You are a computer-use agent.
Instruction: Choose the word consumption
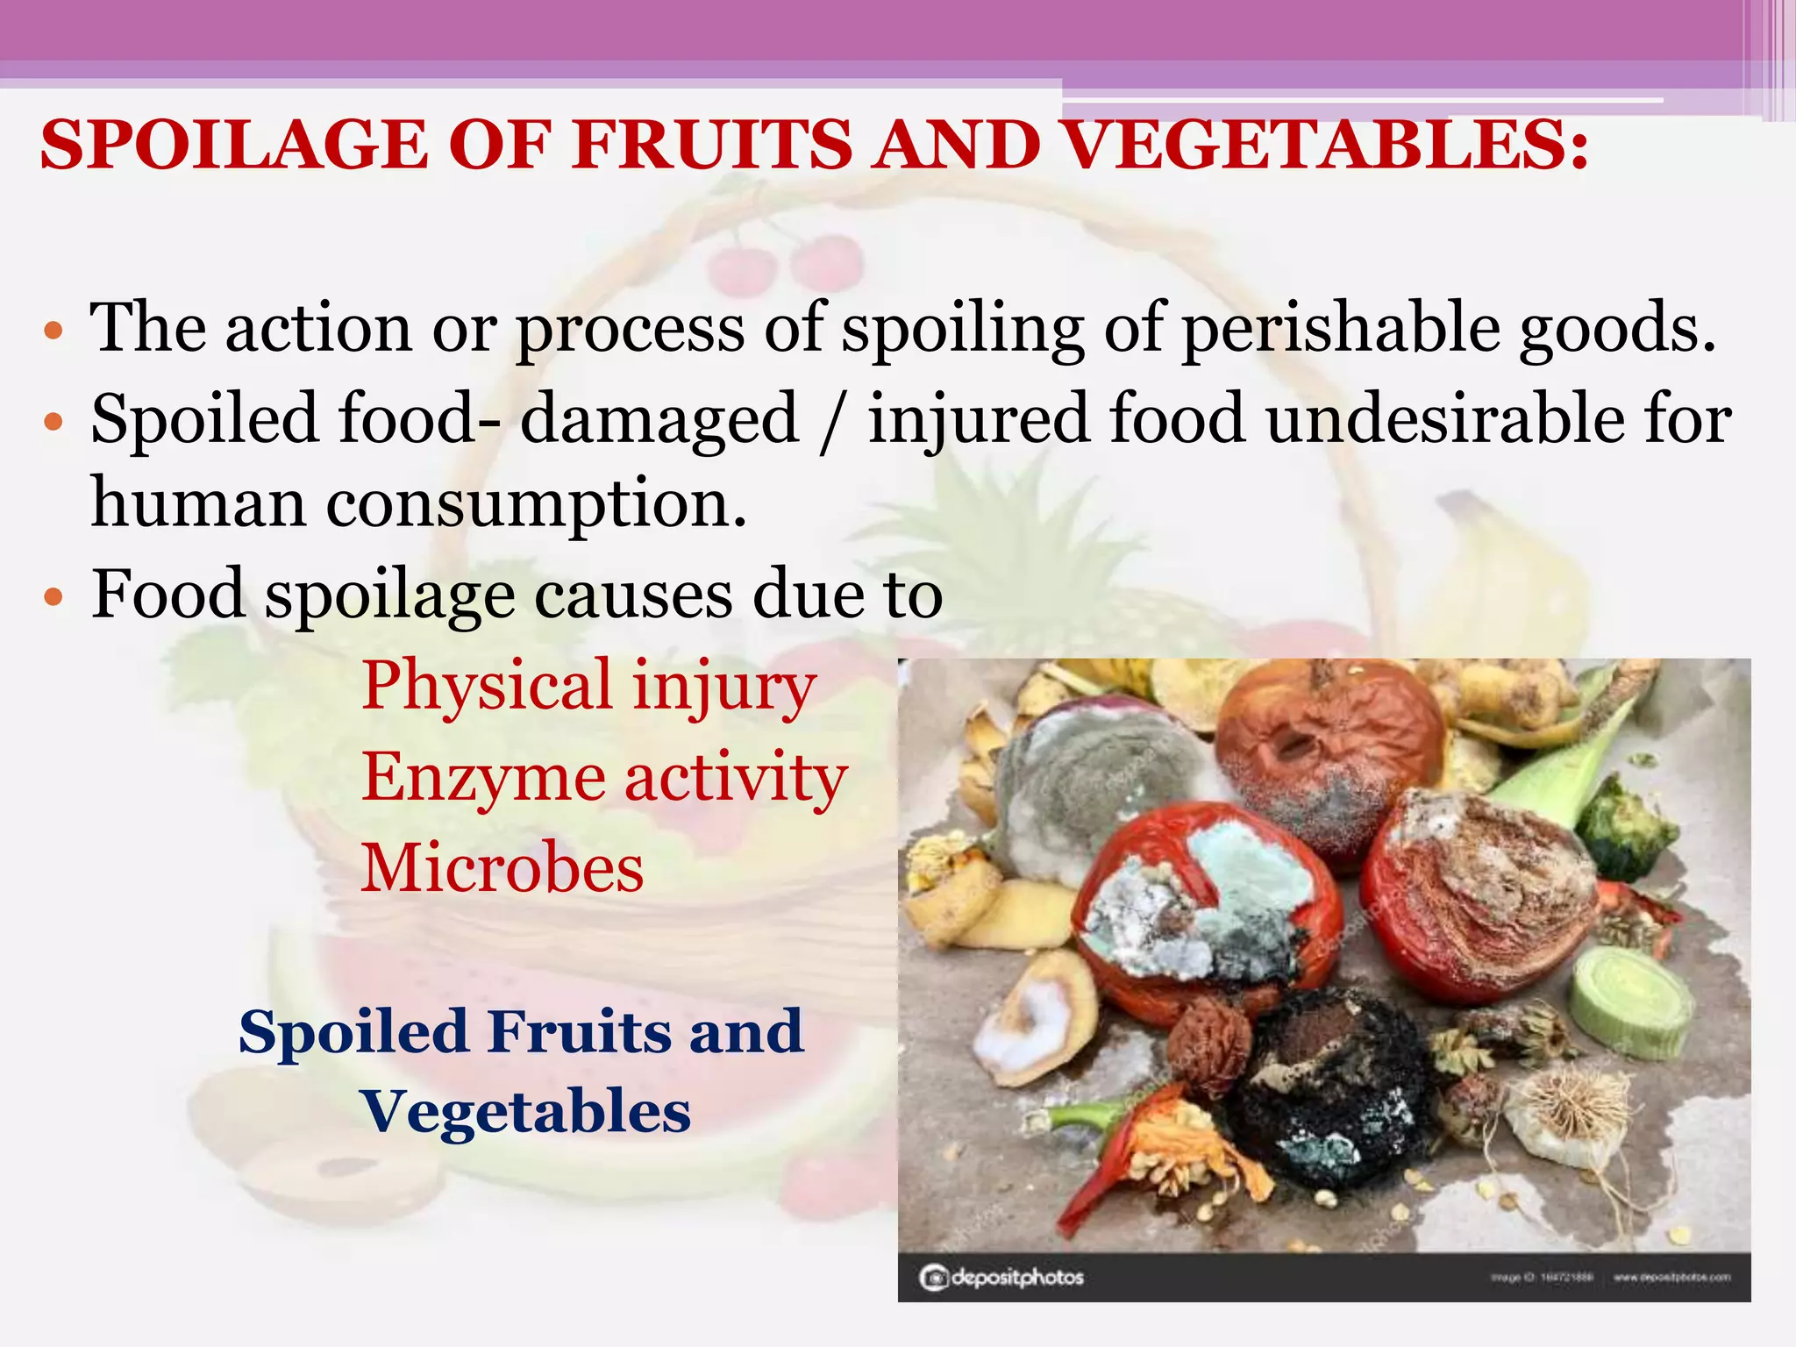pyautogui.click(x=536, y=505)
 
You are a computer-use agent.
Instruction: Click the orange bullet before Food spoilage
pyautogui.click(x=54, y=598)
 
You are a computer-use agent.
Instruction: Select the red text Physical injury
pyautogui.click(x=588, y=686)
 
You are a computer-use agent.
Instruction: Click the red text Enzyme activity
pyautogui.click(x=603, y=777)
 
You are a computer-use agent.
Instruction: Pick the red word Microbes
pyautogui.click(x=502, y=868)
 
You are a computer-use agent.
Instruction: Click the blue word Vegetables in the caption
pyautogui.click(x=526, y=1111)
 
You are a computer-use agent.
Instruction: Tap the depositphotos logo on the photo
pyautogui.click(x=1001, y=1277)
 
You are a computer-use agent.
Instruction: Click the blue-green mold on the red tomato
pyautogui.click(x=1245, y=868)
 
